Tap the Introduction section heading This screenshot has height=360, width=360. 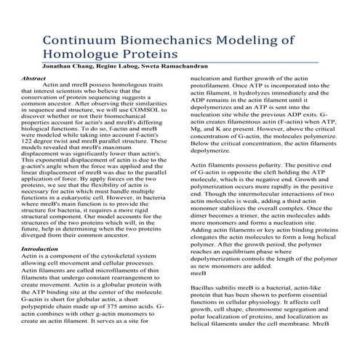(40, 249)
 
